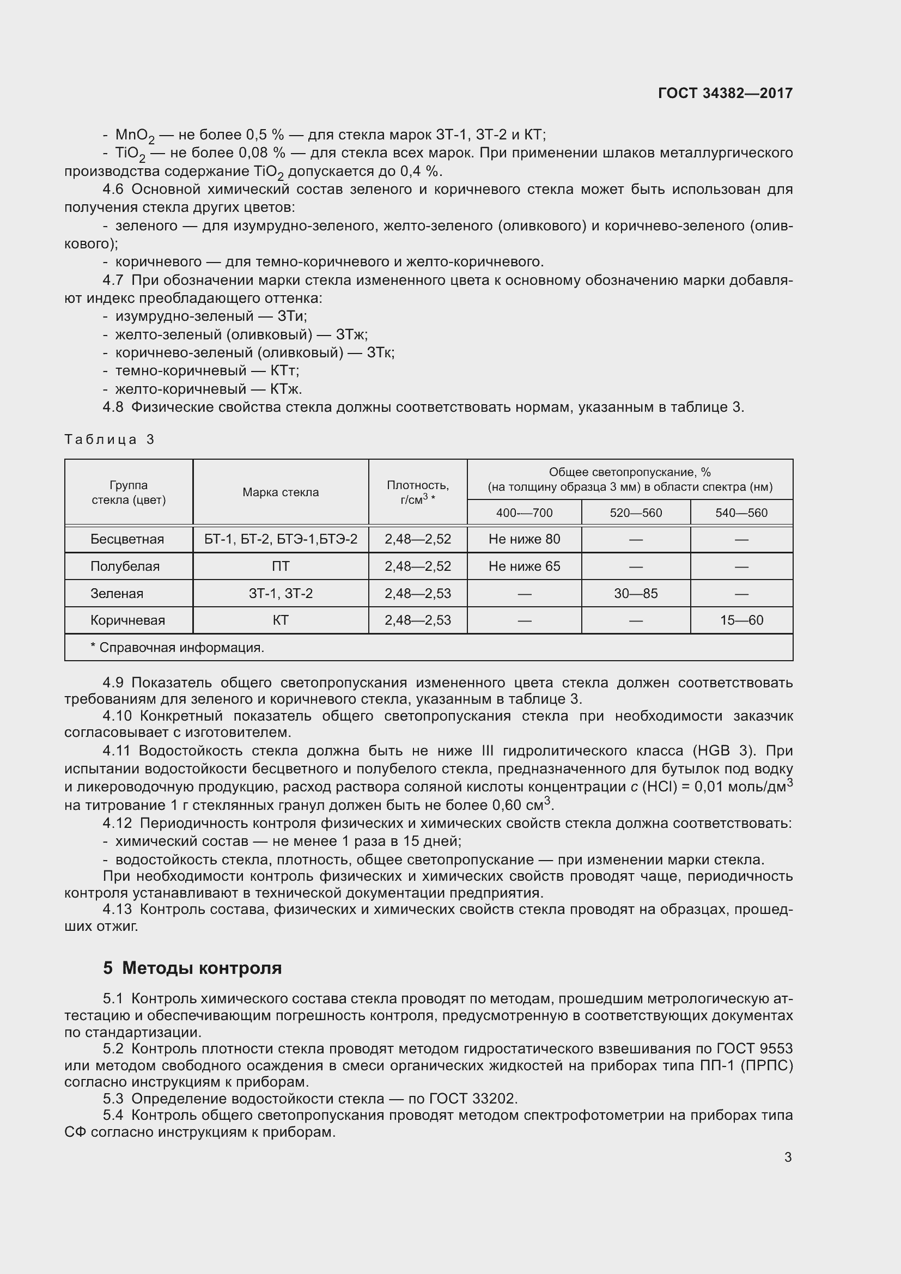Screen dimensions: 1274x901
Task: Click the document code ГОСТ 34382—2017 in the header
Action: tap(725, 93)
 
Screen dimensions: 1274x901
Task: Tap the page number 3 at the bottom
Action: tap(788, 1157)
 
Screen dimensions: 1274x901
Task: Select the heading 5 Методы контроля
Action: tap(192, 968)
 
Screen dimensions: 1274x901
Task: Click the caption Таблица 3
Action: tap(109, 440)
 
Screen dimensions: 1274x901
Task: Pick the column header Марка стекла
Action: tap(280, 492)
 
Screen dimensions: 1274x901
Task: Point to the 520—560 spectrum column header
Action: tap(636, 513)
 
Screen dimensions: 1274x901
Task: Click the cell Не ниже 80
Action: tap(524, 539)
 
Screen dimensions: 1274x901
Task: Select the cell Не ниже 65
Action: tap(524, 566)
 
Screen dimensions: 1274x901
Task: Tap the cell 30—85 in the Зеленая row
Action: tap(636, 594)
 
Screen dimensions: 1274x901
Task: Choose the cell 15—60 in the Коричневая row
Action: tap(741, 620)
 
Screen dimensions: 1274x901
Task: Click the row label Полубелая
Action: tap(125, 566)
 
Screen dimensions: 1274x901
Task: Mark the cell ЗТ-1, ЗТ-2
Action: tap(280, 594)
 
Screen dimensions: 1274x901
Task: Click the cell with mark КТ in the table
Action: tap(280, 620)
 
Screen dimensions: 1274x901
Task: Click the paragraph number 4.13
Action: tap(117, 909)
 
